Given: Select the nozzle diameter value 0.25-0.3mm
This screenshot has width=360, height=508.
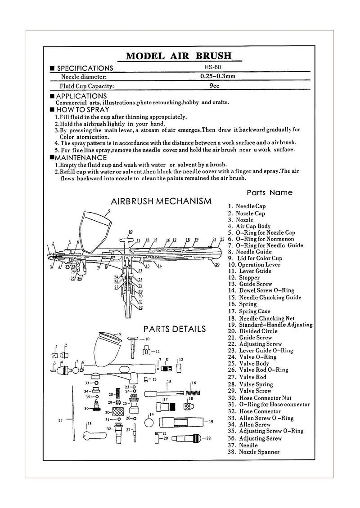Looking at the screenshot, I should (218, 76).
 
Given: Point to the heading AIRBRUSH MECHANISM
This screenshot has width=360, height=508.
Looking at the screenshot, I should (161, 201).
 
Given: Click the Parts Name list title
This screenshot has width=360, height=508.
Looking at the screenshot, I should (269, 192).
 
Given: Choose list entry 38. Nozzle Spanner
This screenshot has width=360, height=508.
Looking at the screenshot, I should (254, 452).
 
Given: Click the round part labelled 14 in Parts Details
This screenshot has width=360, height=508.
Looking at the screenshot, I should (149, 423).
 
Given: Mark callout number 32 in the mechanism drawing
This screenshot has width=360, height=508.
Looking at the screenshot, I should (140, 307).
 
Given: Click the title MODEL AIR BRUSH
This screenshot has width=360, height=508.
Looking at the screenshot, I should (179, 56).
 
